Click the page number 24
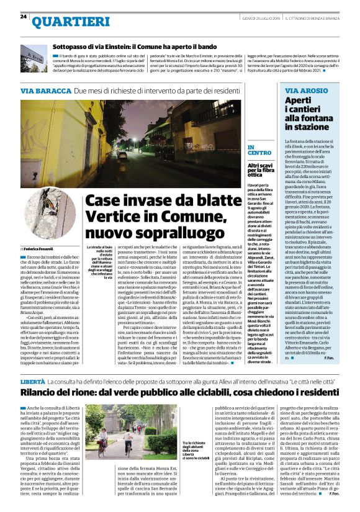point(23,16)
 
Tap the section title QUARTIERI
point(63,22)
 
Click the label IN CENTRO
point(259,149)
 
